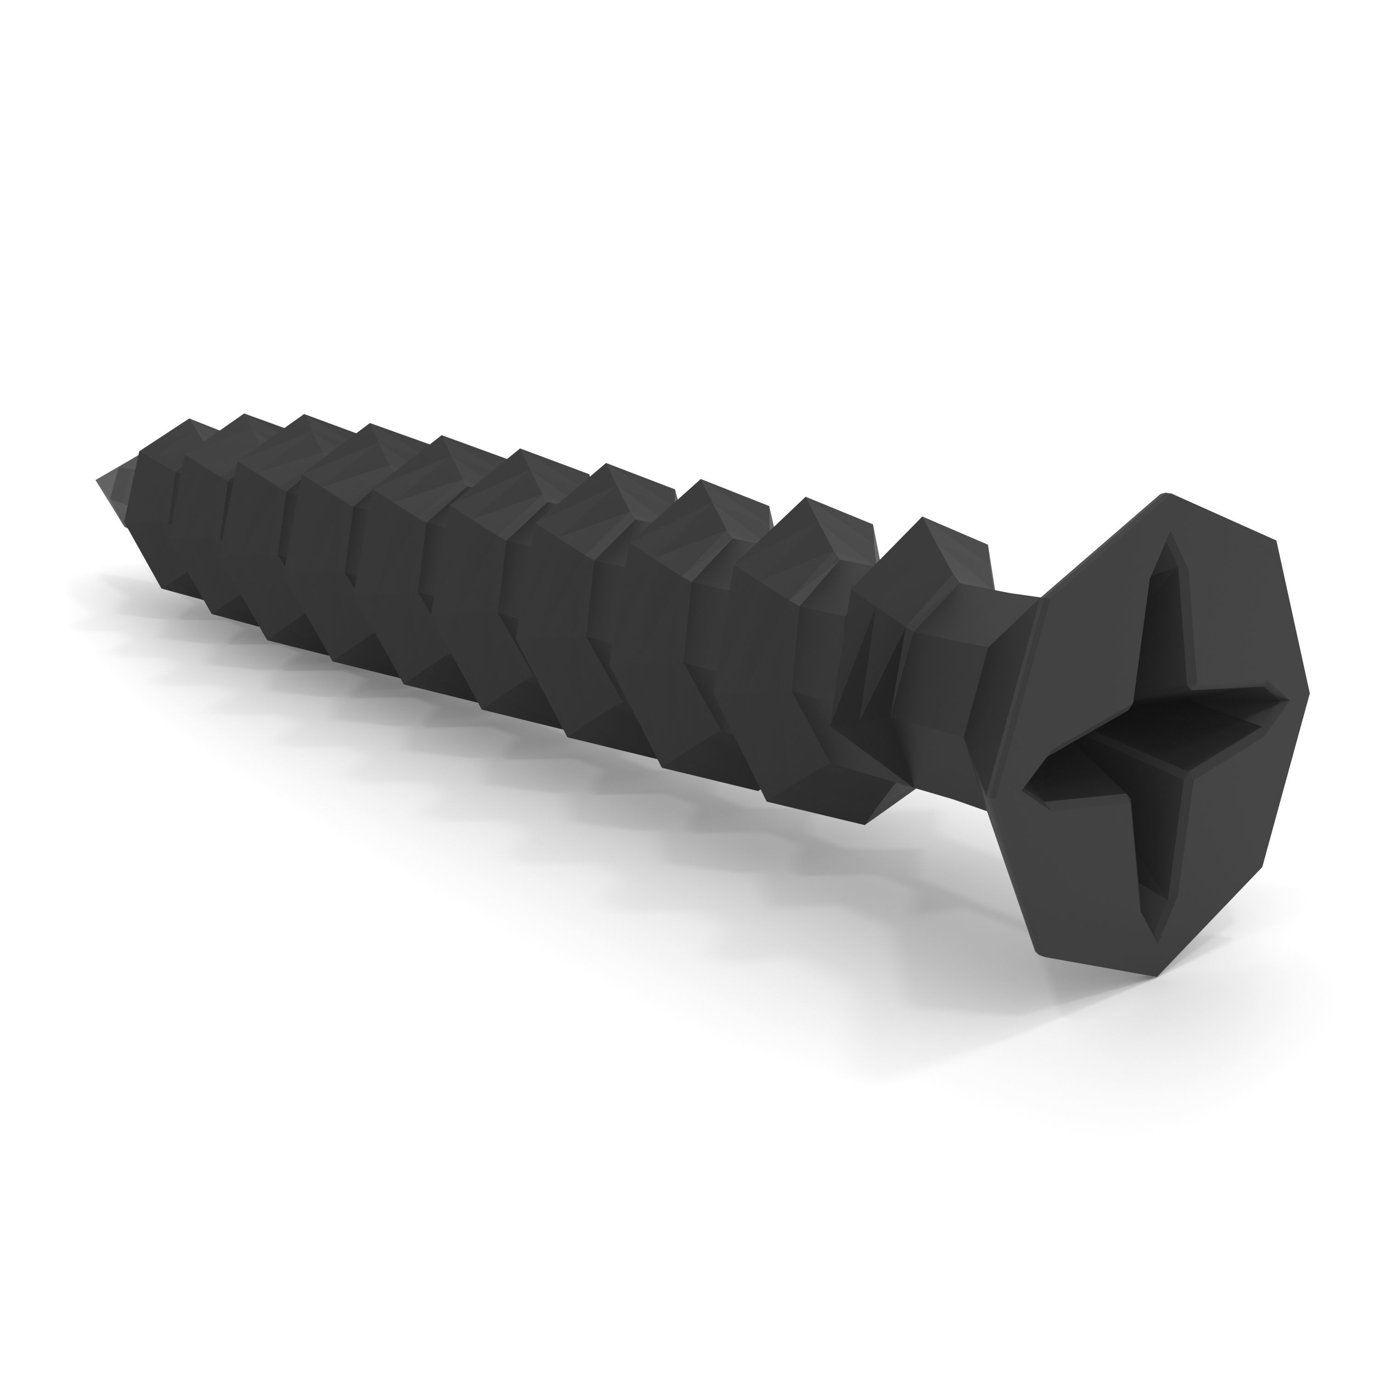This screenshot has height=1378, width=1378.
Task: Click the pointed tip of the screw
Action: (x=98, y=479)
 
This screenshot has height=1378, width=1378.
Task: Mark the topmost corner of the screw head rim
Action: (x=1166, y=494)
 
